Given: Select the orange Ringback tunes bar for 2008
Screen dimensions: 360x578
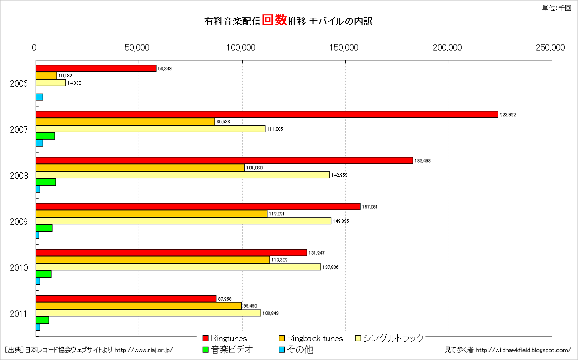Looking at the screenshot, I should coord(140,167).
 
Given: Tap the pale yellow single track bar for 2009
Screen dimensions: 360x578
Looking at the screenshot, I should coord(183,221).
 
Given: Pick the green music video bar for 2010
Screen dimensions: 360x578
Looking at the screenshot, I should coord(44,274).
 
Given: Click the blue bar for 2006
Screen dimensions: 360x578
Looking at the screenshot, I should coord(39,97).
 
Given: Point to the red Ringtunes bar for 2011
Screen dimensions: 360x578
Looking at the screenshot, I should coord(126,299).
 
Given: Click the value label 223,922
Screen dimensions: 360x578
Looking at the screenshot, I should coord(508,115).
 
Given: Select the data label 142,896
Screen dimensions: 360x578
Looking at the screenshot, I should coord(341,221).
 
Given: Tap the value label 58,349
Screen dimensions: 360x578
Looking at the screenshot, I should coord(165,68).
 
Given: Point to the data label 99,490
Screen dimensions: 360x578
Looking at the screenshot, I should coord(250,306).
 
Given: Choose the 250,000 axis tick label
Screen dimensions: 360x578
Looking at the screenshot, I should coord(551,48).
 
